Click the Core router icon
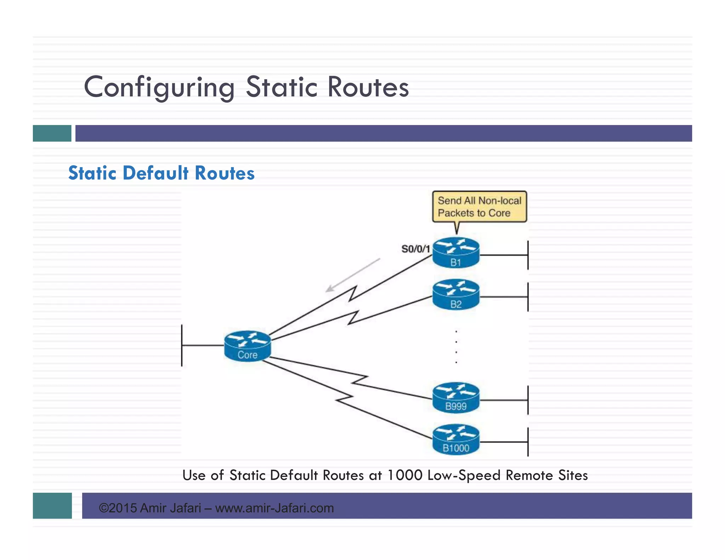pos(247,346)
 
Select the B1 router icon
pos(456,253)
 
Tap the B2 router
pos(456,295)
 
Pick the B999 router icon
pos(456,398)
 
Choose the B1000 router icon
pos(456,439)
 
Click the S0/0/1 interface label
pos(416,249)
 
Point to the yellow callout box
pos(479,207)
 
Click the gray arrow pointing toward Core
pos(352,275)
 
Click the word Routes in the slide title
pos(368,87)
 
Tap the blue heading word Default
pos(156,173)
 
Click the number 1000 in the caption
pos(405,475)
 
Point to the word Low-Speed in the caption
pos(464,475)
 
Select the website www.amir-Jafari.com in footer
pos(274,508)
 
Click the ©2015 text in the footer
pos(118,508)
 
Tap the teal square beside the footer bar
pos(52,505)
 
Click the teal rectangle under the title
pos(52,133)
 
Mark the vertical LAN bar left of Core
pos(182,345)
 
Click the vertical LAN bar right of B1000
pos(528,442)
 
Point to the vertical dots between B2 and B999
pos(456,347)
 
